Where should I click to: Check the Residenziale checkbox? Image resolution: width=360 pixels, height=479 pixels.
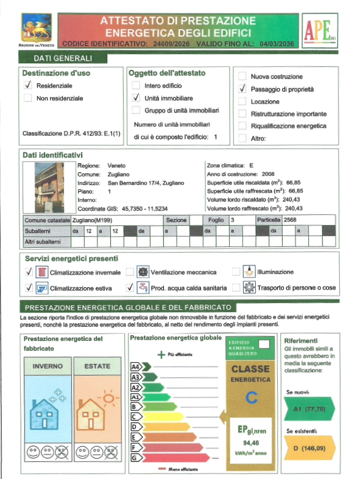(x=27, y=86)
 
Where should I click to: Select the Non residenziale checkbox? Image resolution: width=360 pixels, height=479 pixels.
(x=27, y=99)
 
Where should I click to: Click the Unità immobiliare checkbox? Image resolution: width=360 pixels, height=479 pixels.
(x=136, y=98)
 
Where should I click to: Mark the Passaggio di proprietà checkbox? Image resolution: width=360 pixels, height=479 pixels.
(x=242, y=89)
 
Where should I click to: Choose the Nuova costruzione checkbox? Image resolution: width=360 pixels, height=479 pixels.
(x=242, y=77)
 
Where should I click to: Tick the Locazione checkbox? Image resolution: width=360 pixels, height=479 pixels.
(x=242, y=102)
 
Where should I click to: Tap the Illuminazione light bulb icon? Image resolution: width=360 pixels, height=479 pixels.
(x=249, y=271)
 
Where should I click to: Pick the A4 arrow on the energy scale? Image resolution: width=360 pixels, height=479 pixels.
(x=137, y=366)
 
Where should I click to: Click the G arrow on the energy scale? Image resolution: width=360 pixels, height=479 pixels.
(x=137, y=457)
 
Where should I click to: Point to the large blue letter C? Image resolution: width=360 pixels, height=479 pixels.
(x=250, y=399)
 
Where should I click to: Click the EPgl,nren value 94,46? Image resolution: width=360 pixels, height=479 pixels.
(x=250, y=442)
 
